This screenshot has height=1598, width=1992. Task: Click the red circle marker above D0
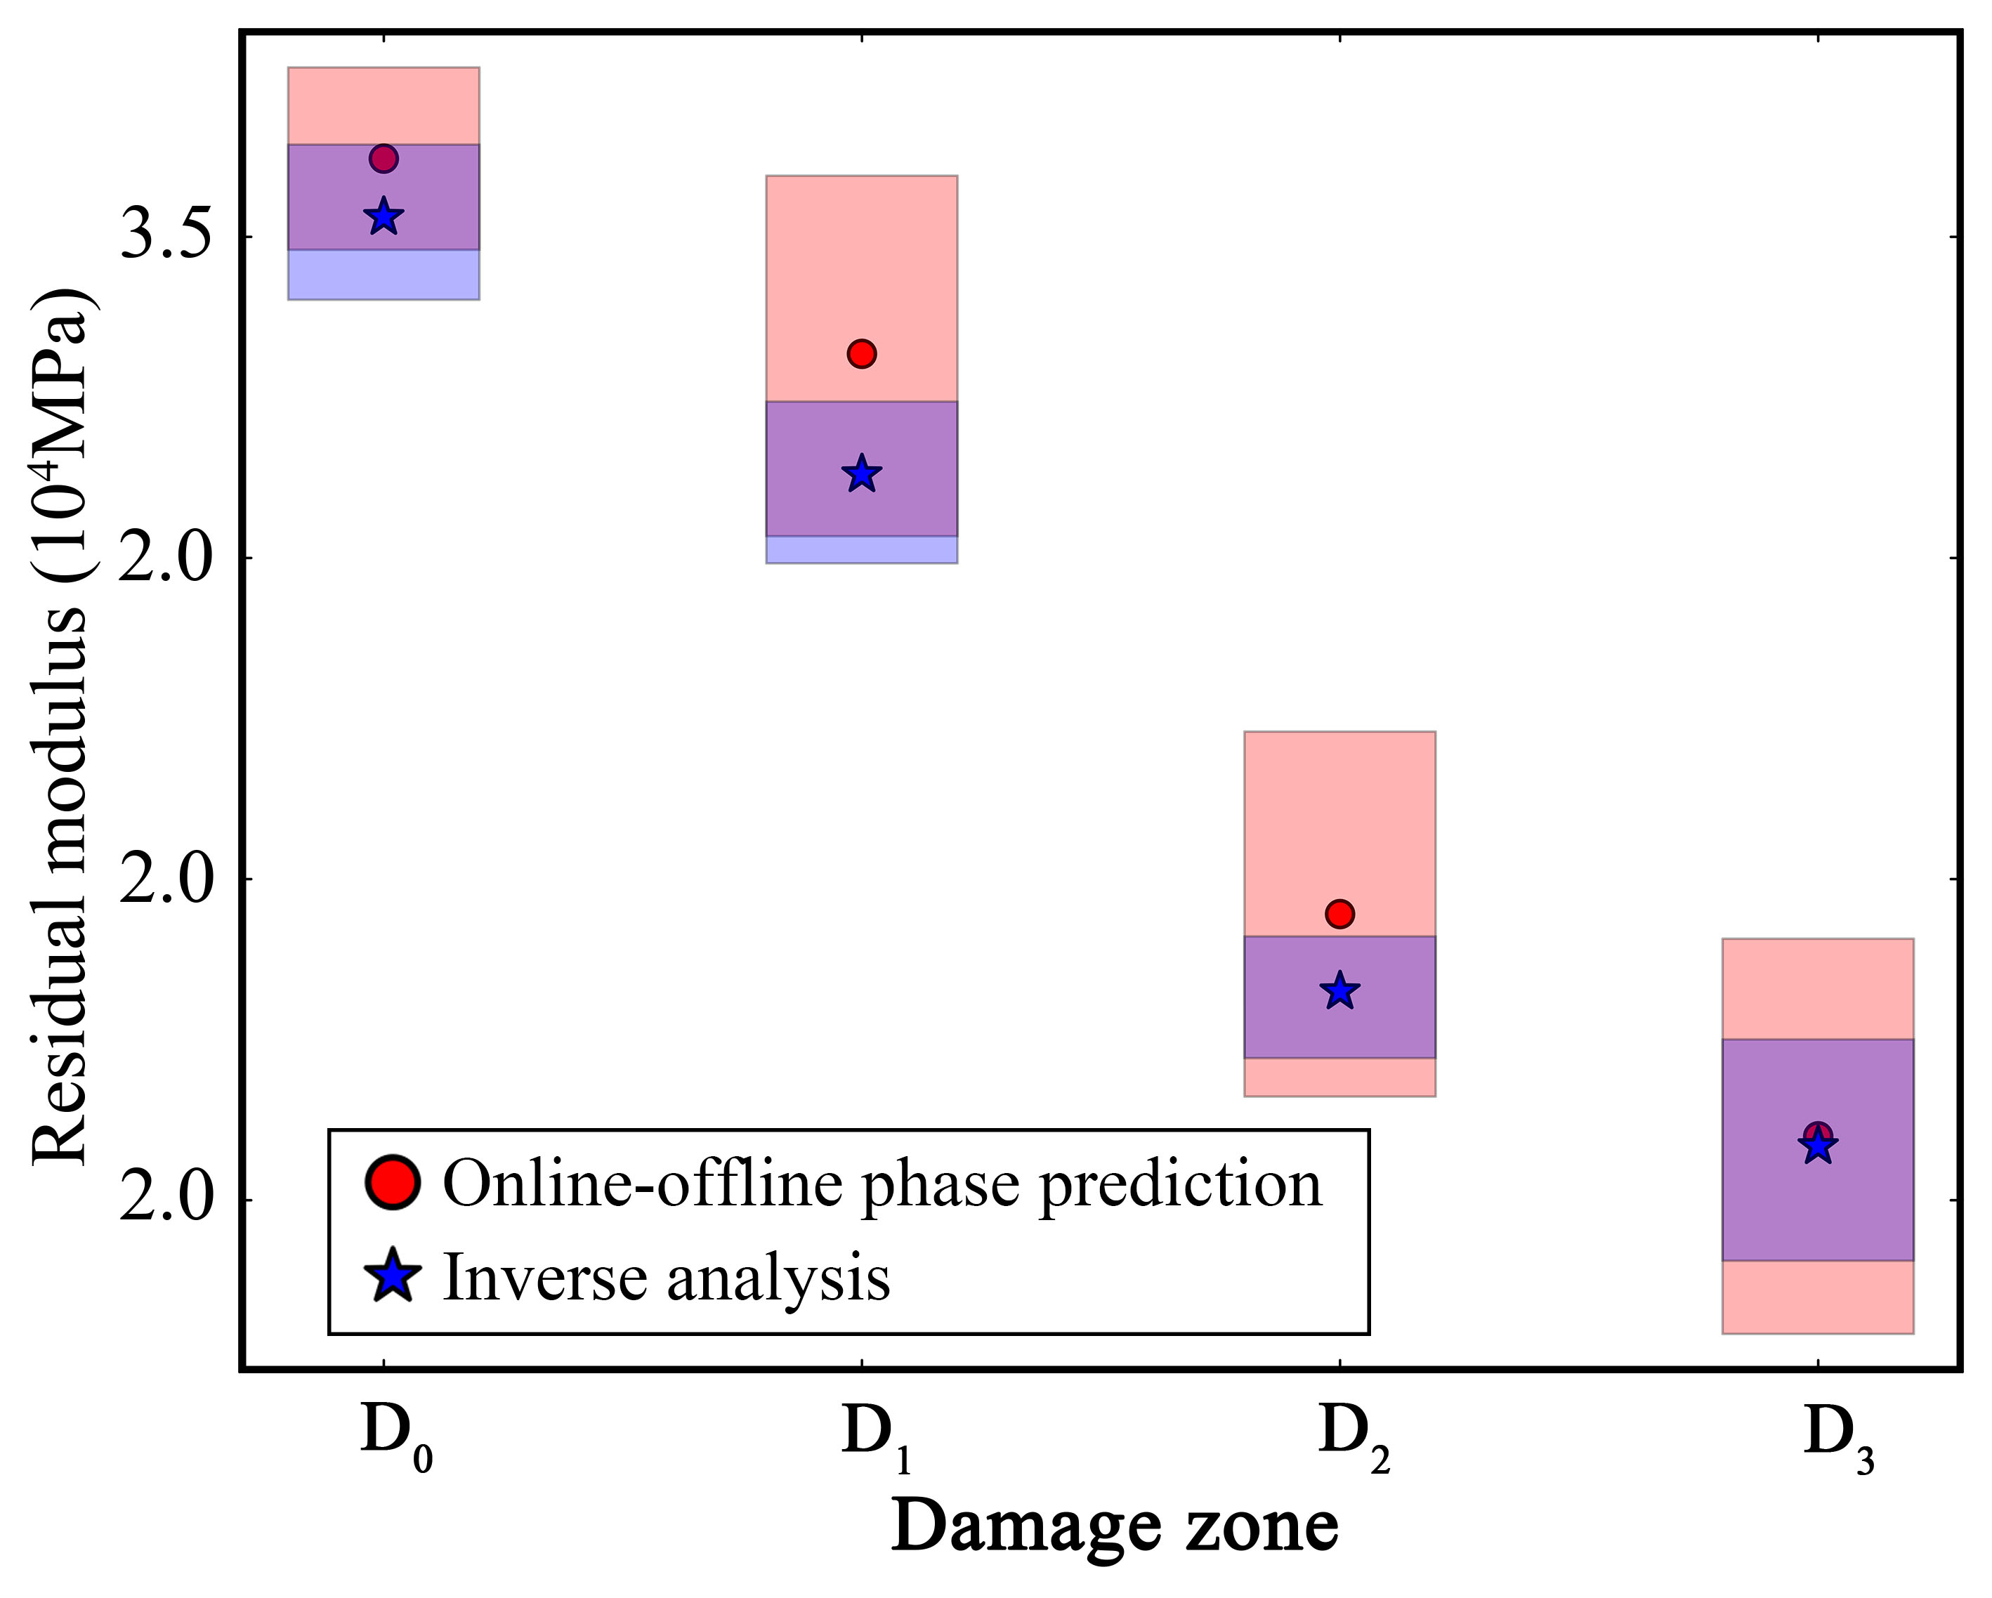tap(384, 159)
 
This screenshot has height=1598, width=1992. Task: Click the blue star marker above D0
tap(384, 218)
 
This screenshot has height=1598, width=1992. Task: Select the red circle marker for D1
tap(861, 354)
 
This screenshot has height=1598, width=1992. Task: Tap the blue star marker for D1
tap(861, 475)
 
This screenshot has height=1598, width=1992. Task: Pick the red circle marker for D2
tap(1339, 915)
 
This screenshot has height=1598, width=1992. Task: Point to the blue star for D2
tap(1339, 992)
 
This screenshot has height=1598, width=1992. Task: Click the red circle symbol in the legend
tap(393, 1182)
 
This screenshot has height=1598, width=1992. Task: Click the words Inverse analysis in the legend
tap(666, 1279)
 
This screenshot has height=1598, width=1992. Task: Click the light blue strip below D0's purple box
tap(384, 275)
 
